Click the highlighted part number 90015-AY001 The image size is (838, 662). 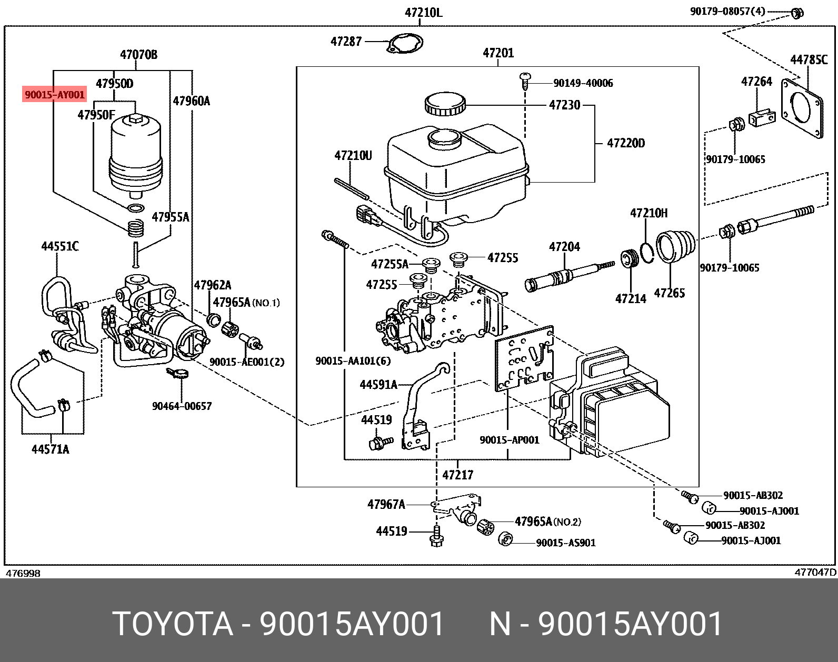54,94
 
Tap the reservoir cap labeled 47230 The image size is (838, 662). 445,104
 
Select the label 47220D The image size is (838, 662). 626,143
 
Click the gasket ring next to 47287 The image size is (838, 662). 405,43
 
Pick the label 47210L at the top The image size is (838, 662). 423,13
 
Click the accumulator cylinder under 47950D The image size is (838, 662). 135,156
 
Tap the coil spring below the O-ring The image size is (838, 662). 135,228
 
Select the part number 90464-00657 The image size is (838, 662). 182,406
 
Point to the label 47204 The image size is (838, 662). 564,246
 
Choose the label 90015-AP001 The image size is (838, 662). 510,440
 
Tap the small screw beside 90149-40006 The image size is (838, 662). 525,82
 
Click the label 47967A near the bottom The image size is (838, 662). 386,504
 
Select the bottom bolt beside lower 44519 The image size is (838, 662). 436,536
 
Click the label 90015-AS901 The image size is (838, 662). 566,543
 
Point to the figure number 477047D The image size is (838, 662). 815,573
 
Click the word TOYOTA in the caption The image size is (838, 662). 173,624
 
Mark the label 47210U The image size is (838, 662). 353,156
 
